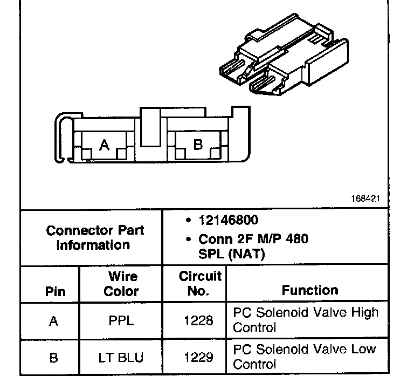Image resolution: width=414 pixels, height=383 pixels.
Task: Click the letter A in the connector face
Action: click(x=105, y=145)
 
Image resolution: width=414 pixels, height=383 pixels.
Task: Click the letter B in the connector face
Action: click(x=198, y=145)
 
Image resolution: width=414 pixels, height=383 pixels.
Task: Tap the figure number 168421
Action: click(x=365, y=199)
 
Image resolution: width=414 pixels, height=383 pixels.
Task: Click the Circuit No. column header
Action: click(x=200, y=284)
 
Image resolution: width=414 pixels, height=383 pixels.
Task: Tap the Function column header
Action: click(x=310, y=290)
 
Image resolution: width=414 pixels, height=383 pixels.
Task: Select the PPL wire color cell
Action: click(x=121, y=321)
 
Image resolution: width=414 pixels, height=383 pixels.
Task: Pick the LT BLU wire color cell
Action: click(x=121, y=357)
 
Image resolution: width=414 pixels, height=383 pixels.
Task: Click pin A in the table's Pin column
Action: click(x=53, y=321)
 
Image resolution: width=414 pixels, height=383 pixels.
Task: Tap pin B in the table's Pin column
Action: click(x=53, y=357)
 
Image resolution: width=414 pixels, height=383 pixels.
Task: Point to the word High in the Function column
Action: click(x=364, y=313)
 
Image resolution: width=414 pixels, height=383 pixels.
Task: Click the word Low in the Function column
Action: click(x=364, y=349)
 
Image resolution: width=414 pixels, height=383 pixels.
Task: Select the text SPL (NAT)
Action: click(x=232, y=255)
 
